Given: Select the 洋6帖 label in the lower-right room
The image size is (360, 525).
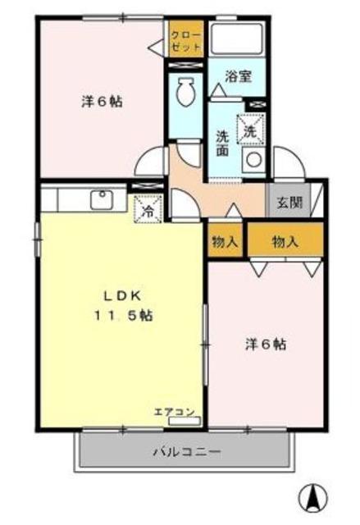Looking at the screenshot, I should coord(264,345).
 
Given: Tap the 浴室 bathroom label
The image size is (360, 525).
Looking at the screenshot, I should coord(239,76).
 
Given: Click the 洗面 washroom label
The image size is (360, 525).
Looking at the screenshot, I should coord(223,144).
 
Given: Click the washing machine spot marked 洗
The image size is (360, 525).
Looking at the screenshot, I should coord(250,129).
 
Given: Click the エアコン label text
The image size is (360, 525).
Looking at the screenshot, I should coord(174,411).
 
